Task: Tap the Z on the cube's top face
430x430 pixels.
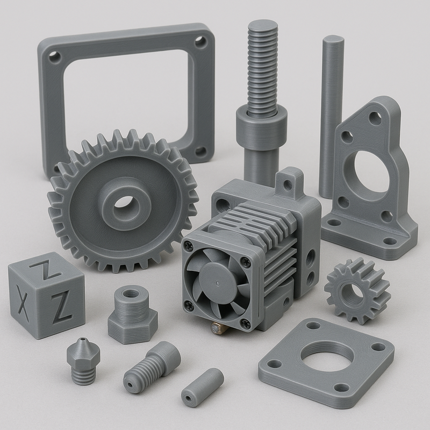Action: click(44, 269)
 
